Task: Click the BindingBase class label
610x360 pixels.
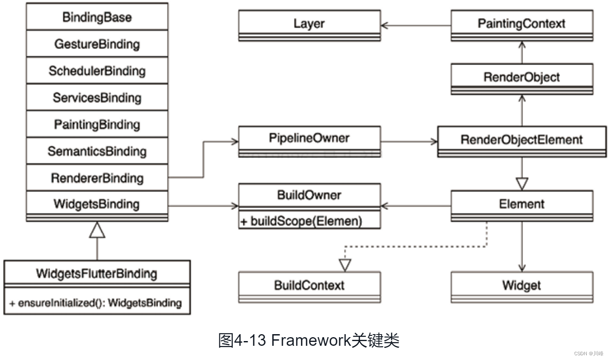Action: tap(97, 17)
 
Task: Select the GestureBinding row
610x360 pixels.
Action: tap(97, 44)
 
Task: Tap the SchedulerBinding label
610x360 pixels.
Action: tap(97, 71)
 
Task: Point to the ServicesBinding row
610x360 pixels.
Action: tap(97, 97)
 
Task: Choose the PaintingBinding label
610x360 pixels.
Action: tap(97, 124)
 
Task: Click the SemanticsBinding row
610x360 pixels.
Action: tap(97, 151)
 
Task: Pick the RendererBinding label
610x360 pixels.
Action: tap(97, 178)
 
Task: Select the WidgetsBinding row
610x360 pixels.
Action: tap(97, 204)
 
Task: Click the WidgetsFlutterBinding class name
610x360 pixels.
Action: tap(96, 273)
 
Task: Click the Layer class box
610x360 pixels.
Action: tap(309, 23)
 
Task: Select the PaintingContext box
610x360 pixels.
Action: tap(521, 23)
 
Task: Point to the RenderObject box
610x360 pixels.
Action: tap(521, 77)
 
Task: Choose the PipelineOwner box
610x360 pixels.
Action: tap(309, 139)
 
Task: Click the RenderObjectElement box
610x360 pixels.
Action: tap(521, 140)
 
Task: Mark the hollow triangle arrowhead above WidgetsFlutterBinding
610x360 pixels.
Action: tap(97, 230)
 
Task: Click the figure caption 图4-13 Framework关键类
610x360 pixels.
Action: tap(309, 340)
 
